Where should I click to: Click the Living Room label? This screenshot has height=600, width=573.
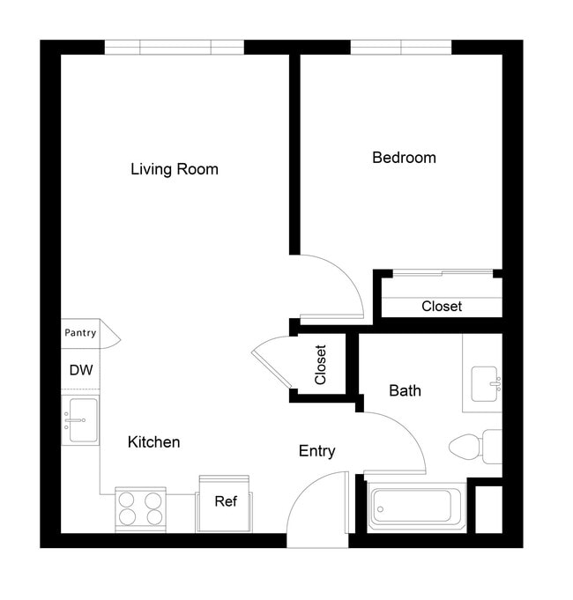[x=174, y=169]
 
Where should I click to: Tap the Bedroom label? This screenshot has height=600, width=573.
[x=404, y=158]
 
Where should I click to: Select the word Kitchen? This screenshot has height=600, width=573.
[x=153, y=442]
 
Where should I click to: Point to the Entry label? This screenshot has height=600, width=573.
[x=316, y=451]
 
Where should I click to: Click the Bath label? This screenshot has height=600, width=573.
[x=405, y=390]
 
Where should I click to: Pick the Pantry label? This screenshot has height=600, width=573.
[x=80, y=333]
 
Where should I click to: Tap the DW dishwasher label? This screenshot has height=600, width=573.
[x=80, y=371]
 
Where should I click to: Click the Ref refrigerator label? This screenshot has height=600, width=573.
[x=226, y=501]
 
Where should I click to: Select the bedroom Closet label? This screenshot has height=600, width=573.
[x=441, y=307]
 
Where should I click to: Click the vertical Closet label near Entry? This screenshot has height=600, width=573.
[x=321, y=365]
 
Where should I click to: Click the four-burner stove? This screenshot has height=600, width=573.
[x=140, y=509]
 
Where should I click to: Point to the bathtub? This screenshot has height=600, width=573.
[x=414, y=506]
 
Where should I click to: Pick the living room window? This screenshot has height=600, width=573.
[x=174, y=47]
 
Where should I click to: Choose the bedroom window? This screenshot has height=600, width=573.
[x=401, y=47]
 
